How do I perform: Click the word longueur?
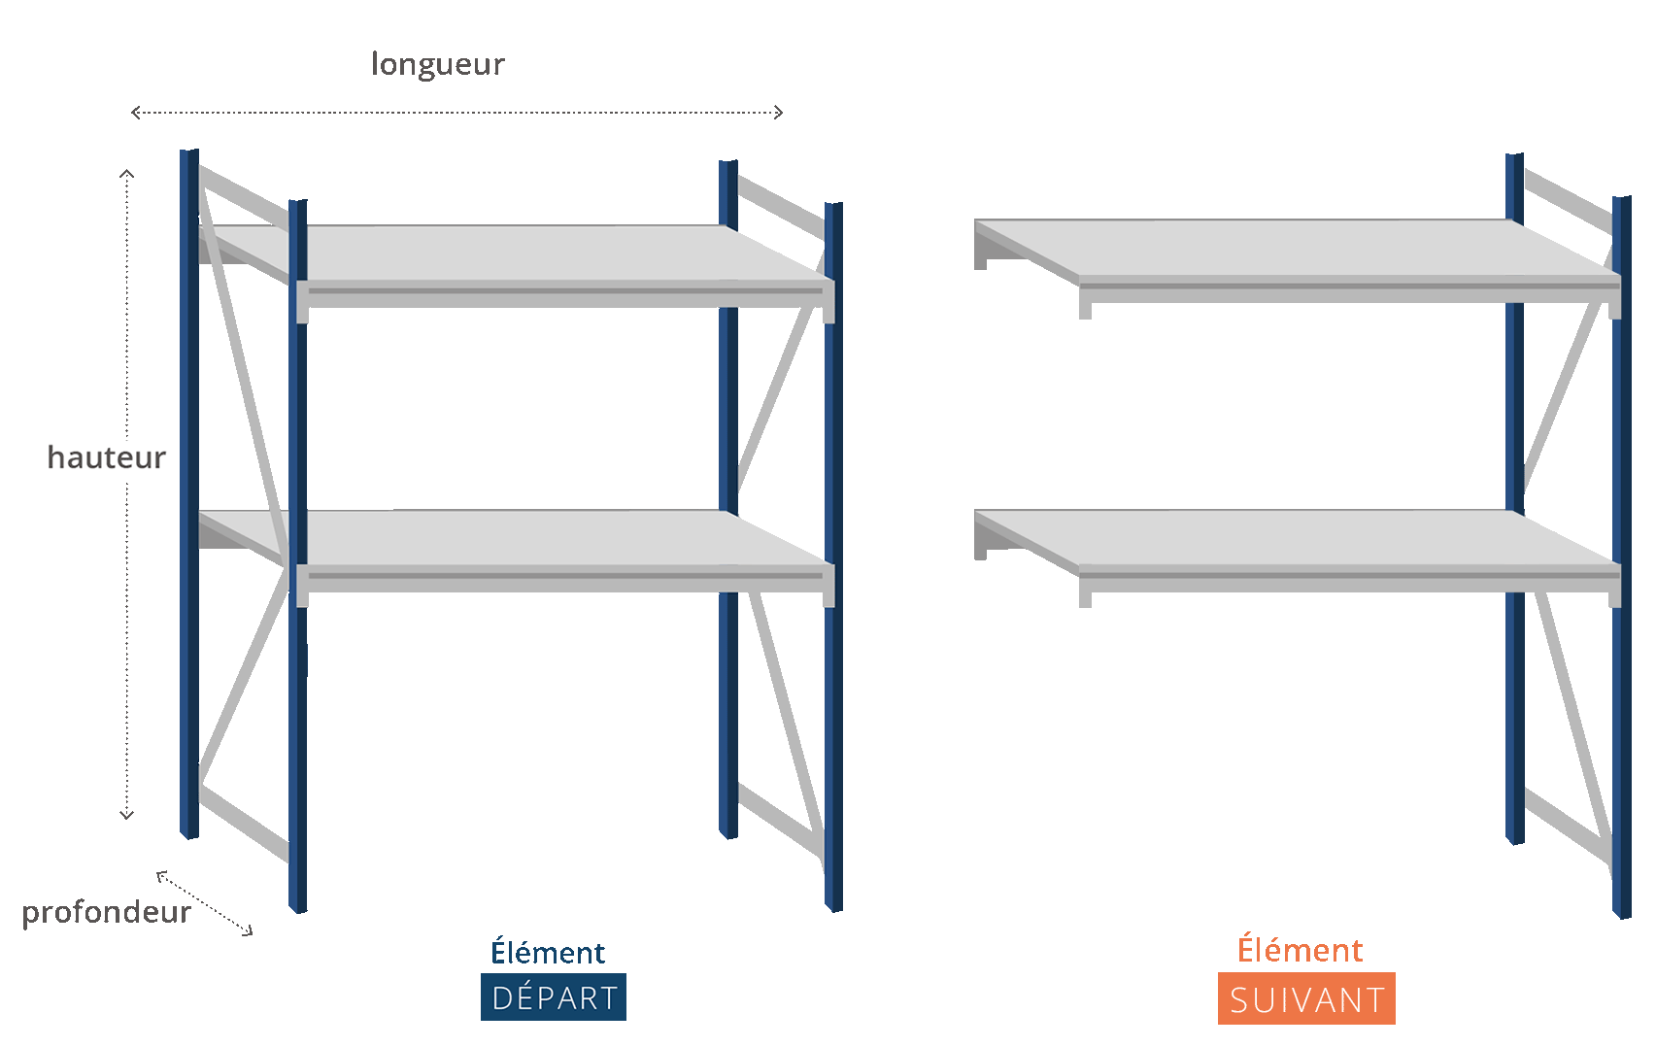tap(438, 64)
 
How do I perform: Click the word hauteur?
tap(107, 457)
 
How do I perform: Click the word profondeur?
tap(107, 913)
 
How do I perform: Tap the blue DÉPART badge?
tap(554, 997)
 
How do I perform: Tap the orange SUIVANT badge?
tap(1306, 999)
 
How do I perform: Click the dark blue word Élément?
tap(548, 952)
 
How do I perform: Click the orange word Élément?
tap(1301, 949)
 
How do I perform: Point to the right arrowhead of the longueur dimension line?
tap(780, 113)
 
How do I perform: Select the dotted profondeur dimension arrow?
tap(205, 903)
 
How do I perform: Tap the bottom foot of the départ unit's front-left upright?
tap(298, 907)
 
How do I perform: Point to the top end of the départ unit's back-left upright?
tap(189, 152)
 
